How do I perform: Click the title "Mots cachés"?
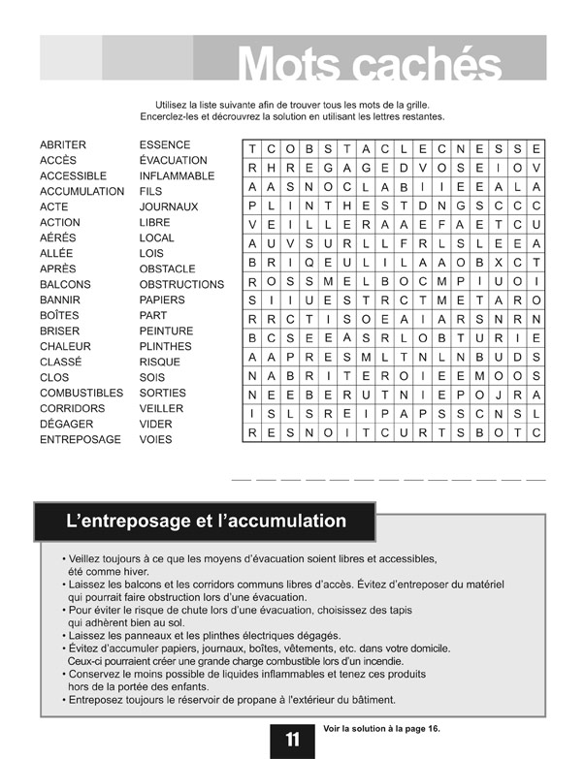click(x=370, y=64)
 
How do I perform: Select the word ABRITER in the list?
click(x=62, y=144)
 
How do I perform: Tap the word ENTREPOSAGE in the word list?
click(x=81, y=439)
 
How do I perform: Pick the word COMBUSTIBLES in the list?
click(x=81, y=393)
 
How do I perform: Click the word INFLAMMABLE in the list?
click(x=177, y=175)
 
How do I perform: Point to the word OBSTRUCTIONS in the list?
click(x=181, y=284)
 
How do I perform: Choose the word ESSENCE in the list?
click(x=165, y=144)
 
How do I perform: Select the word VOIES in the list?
click(x=155, y=439)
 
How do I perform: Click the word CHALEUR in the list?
click(x=65, y=346)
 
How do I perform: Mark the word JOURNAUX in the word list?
click(x=168, y=206)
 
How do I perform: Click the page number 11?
click(x=292, y=740)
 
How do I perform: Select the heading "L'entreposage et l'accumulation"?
click(x=206, y=522)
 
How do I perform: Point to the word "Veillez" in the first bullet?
click(x=87, y=559)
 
